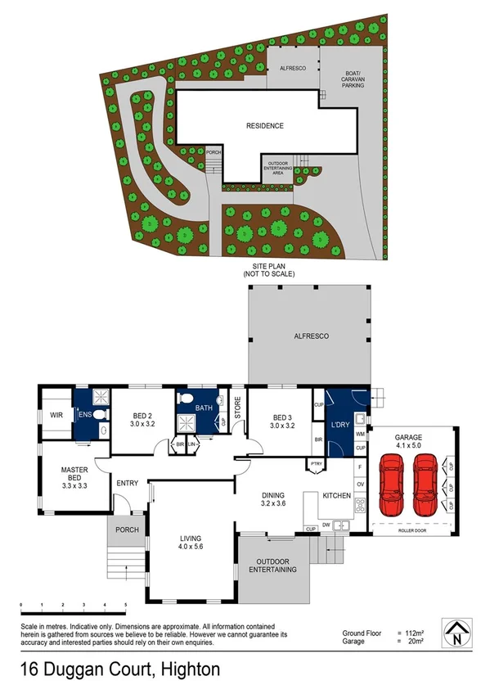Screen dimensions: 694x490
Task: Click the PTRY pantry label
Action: (315, 466)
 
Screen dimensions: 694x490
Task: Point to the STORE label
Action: (239, 408)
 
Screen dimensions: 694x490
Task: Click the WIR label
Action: (56, 415)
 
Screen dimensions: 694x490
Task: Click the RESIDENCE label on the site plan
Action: (265, 125)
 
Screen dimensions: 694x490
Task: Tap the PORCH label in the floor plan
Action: (126, 530)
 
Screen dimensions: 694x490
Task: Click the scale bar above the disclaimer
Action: (73, 611)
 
